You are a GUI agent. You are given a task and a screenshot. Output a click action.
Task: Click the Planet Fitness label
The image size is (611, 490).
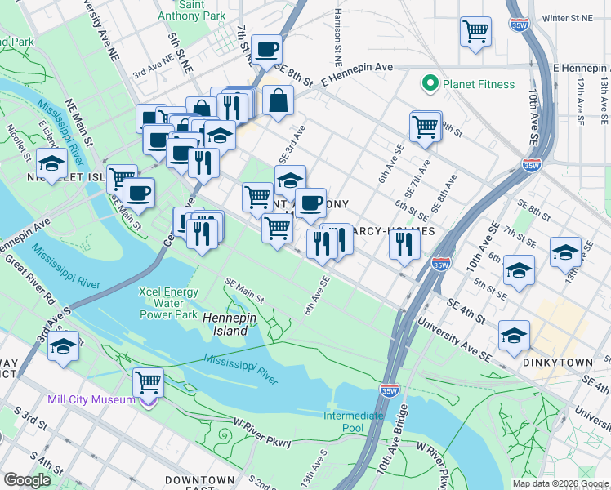coord(479,84)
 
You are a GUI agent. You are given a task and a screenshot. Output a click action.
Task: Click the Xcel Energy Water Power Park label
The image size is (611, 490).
coord(169,303)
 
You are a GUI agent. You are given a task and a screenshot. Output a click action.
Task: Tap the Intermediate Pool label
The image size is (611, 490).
coord(353,421)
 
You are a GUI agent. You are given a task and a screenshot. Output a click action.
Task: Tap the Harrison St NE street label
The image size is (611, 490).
coord(337,37)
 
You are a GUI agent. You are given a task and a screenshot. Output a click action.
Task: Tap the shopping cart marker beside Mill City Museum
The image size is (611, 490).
coord(148,381)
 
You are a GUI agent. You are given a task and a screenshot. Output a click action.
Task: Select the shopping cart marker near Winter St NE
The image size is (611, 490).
coord(475,32)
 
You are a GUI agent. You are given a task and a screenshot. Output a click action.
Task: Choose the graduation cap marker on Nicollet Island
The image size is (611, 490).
coord(51,164)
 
